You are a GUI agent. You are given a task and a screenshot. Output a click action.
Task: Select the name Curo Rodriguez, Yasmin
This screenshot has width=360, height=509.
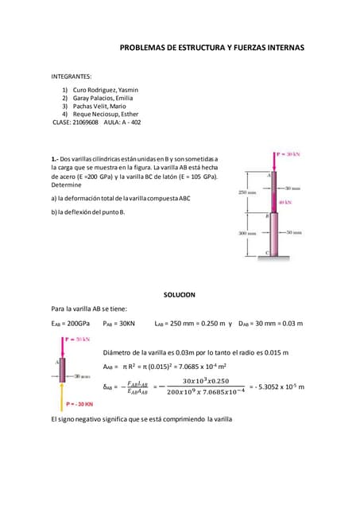[106, 90]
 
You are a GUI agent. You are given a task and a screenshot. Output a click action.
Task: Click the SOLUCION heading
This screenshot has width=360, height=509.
[179, 294]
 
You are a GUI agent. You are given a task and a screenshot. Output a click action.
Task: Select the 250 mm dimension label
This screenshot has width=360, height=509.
[247, 192]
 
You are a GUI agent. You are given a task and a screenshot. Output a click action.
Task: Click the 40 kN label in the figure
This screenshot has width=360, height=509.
[285, 202]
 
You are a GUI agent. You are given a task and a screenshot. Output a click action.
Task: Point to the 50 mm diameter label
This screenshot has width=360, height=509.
[293, 233]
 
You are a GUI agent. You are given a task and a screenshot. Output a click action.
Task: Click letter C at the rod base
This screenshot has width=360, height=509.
[267, 253]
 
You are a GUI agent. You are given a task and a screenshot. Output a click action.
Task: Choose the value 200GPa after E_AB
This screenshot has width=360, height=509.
[78, 324]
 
